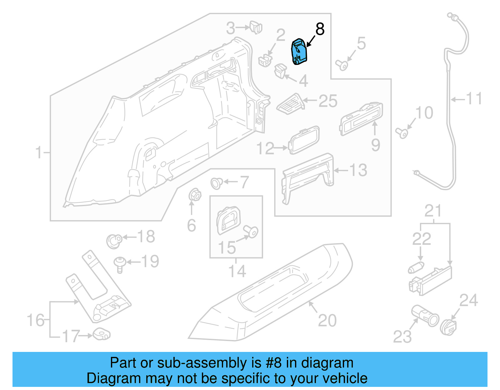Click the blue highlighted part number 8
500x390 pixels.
tap(299, 52)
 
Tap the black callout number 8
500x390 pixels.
tap(320, 29)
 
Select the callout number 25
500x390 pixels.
tap(328, 101)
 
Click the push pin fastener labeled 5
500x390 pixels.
tap(342, 65)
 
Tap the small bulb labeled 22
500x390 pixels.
tap(416, 268)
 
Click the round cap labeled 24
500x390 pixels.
tap(448, 327)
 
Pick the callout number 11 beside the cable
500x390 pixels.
tap(474, 99)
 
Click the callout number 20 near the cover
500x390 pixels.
tap(327, 321)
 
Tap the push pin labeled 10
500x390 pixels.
tap(402, 133)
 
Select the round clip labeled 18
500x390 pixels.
tap(114, 241)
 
